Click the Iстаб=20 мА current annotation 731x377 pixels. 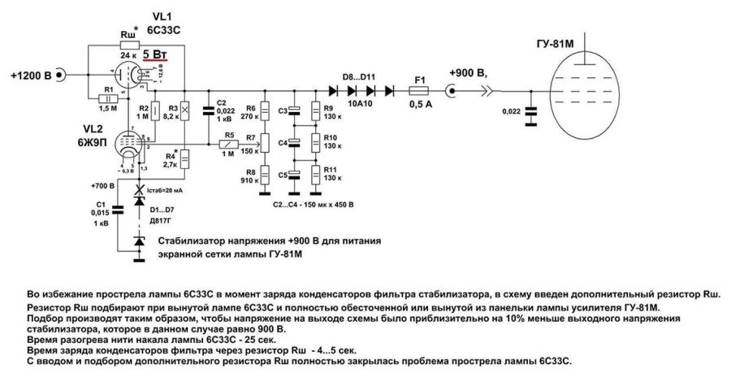pos(173,191)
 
